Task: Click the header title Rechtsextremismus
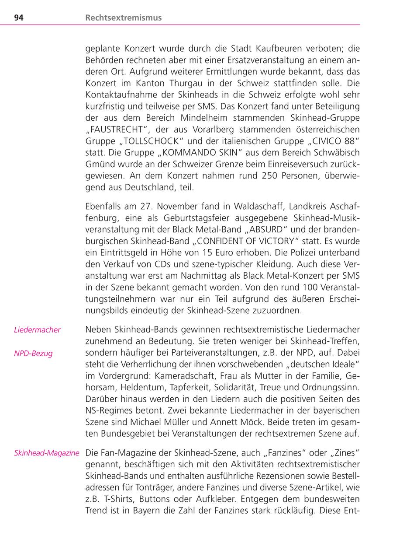pyautogui.click(x=124, y=18)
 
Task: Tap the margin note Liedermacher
pyautogui.click(x=37, y=330)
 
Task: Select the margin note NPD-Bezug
pyautogui.click(x=33, y=353)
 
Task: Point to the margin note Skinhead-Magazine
pyautogui.click(x=47, y=453)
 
